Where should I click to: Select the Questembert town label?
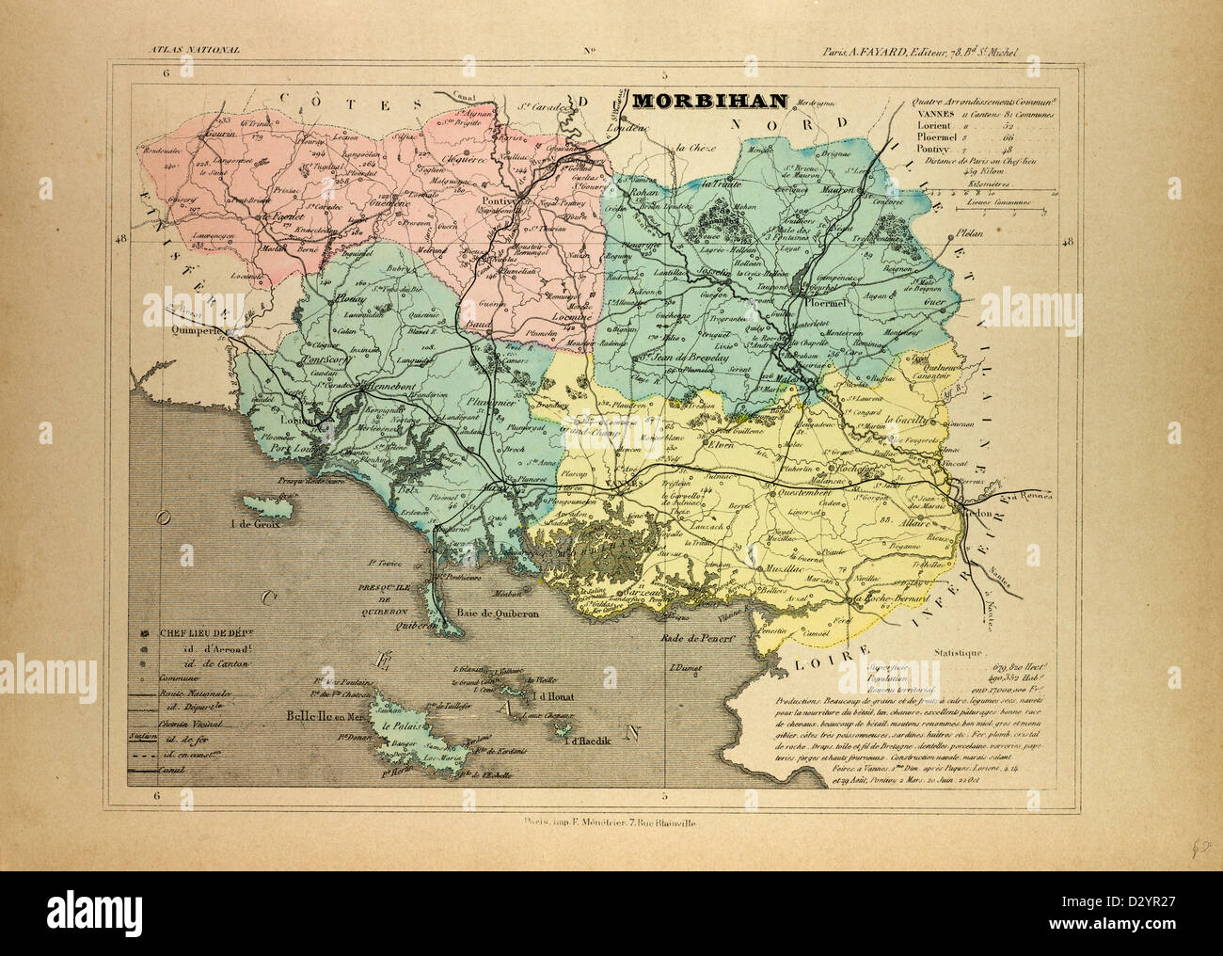[808, 491]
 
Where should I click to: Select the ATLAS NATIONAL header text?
[187, 48]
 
